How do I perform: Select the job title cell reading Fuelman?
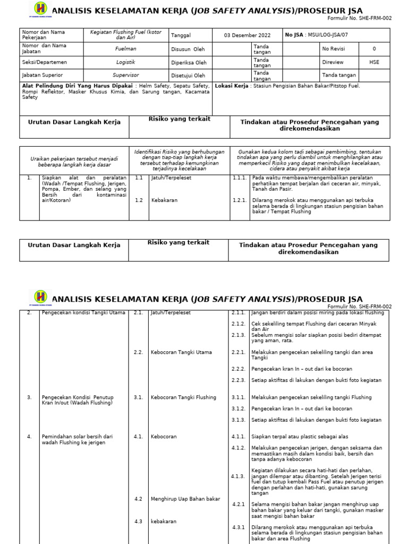[122, 49]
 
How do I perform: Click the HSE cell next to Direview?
[374, 62]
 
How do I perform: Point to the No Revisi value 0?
[374, 49]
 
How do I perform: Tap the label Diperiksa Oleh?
[189, 62]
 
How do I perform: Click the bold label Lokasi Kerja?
[232, 86]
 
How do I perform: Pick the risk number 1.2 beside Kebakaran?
[139, 200]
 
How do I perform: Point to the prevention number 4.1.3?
[237, 477]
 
